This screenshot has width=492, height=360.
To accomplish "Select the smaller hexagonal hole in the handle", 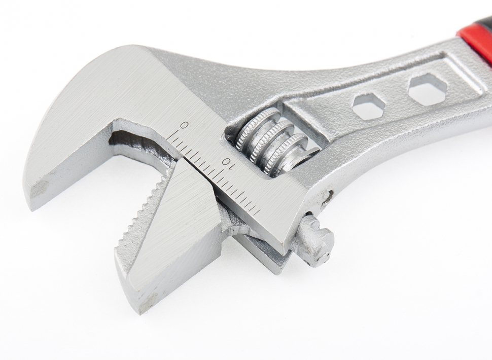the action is [368, 106].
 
